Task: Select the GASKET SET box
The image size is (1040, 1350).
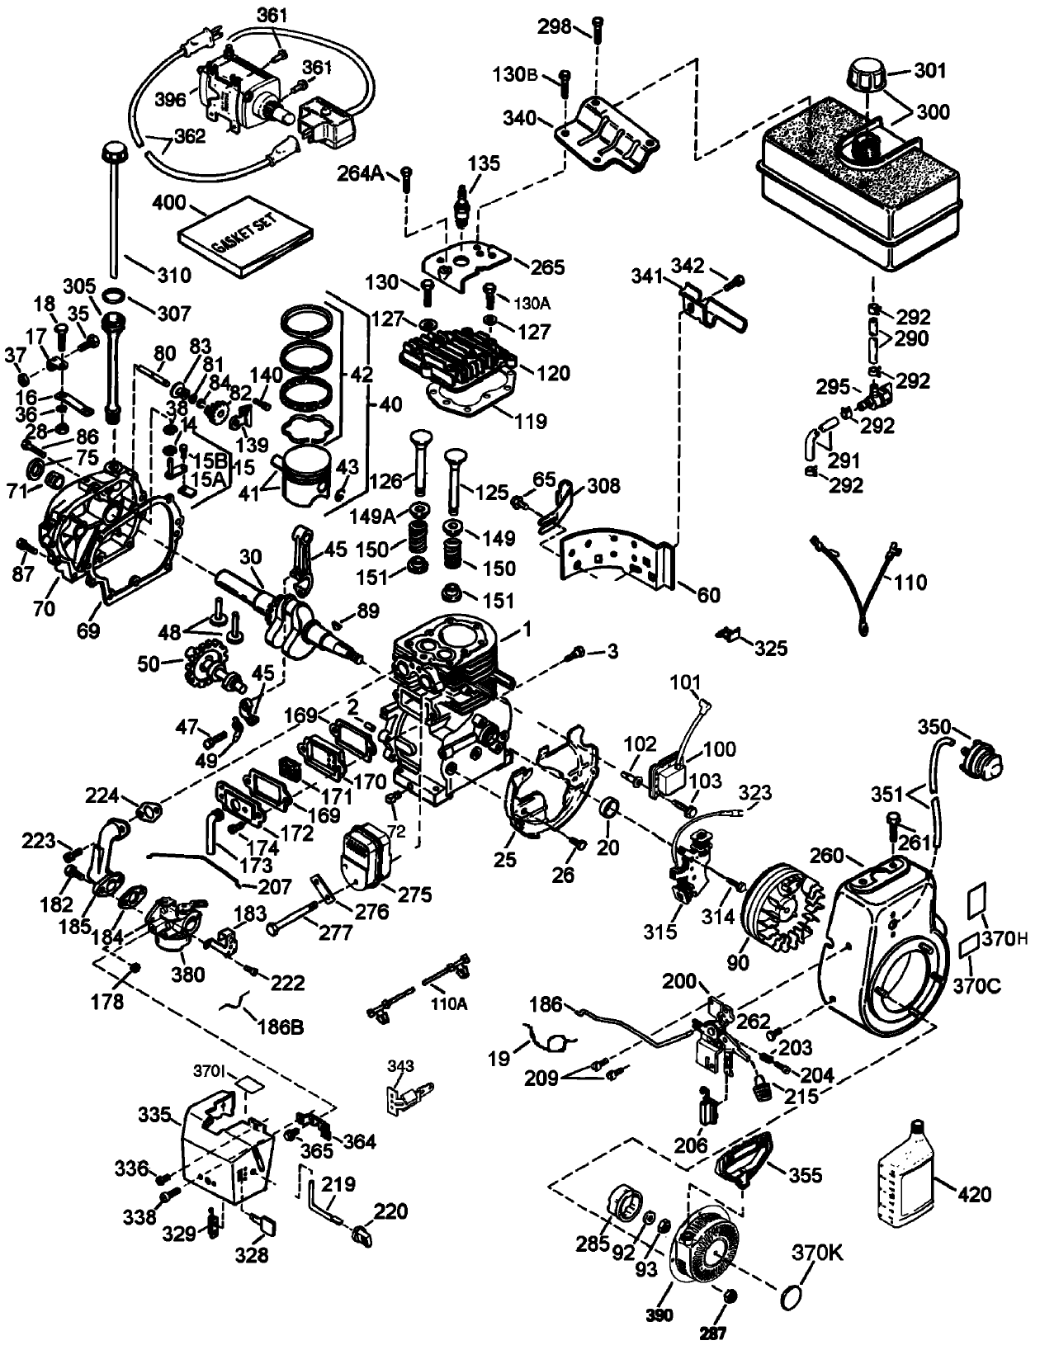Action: click(x=246, y=239)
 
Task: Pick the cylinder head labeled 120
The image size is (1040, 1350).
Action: click(x=456, y=356)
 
